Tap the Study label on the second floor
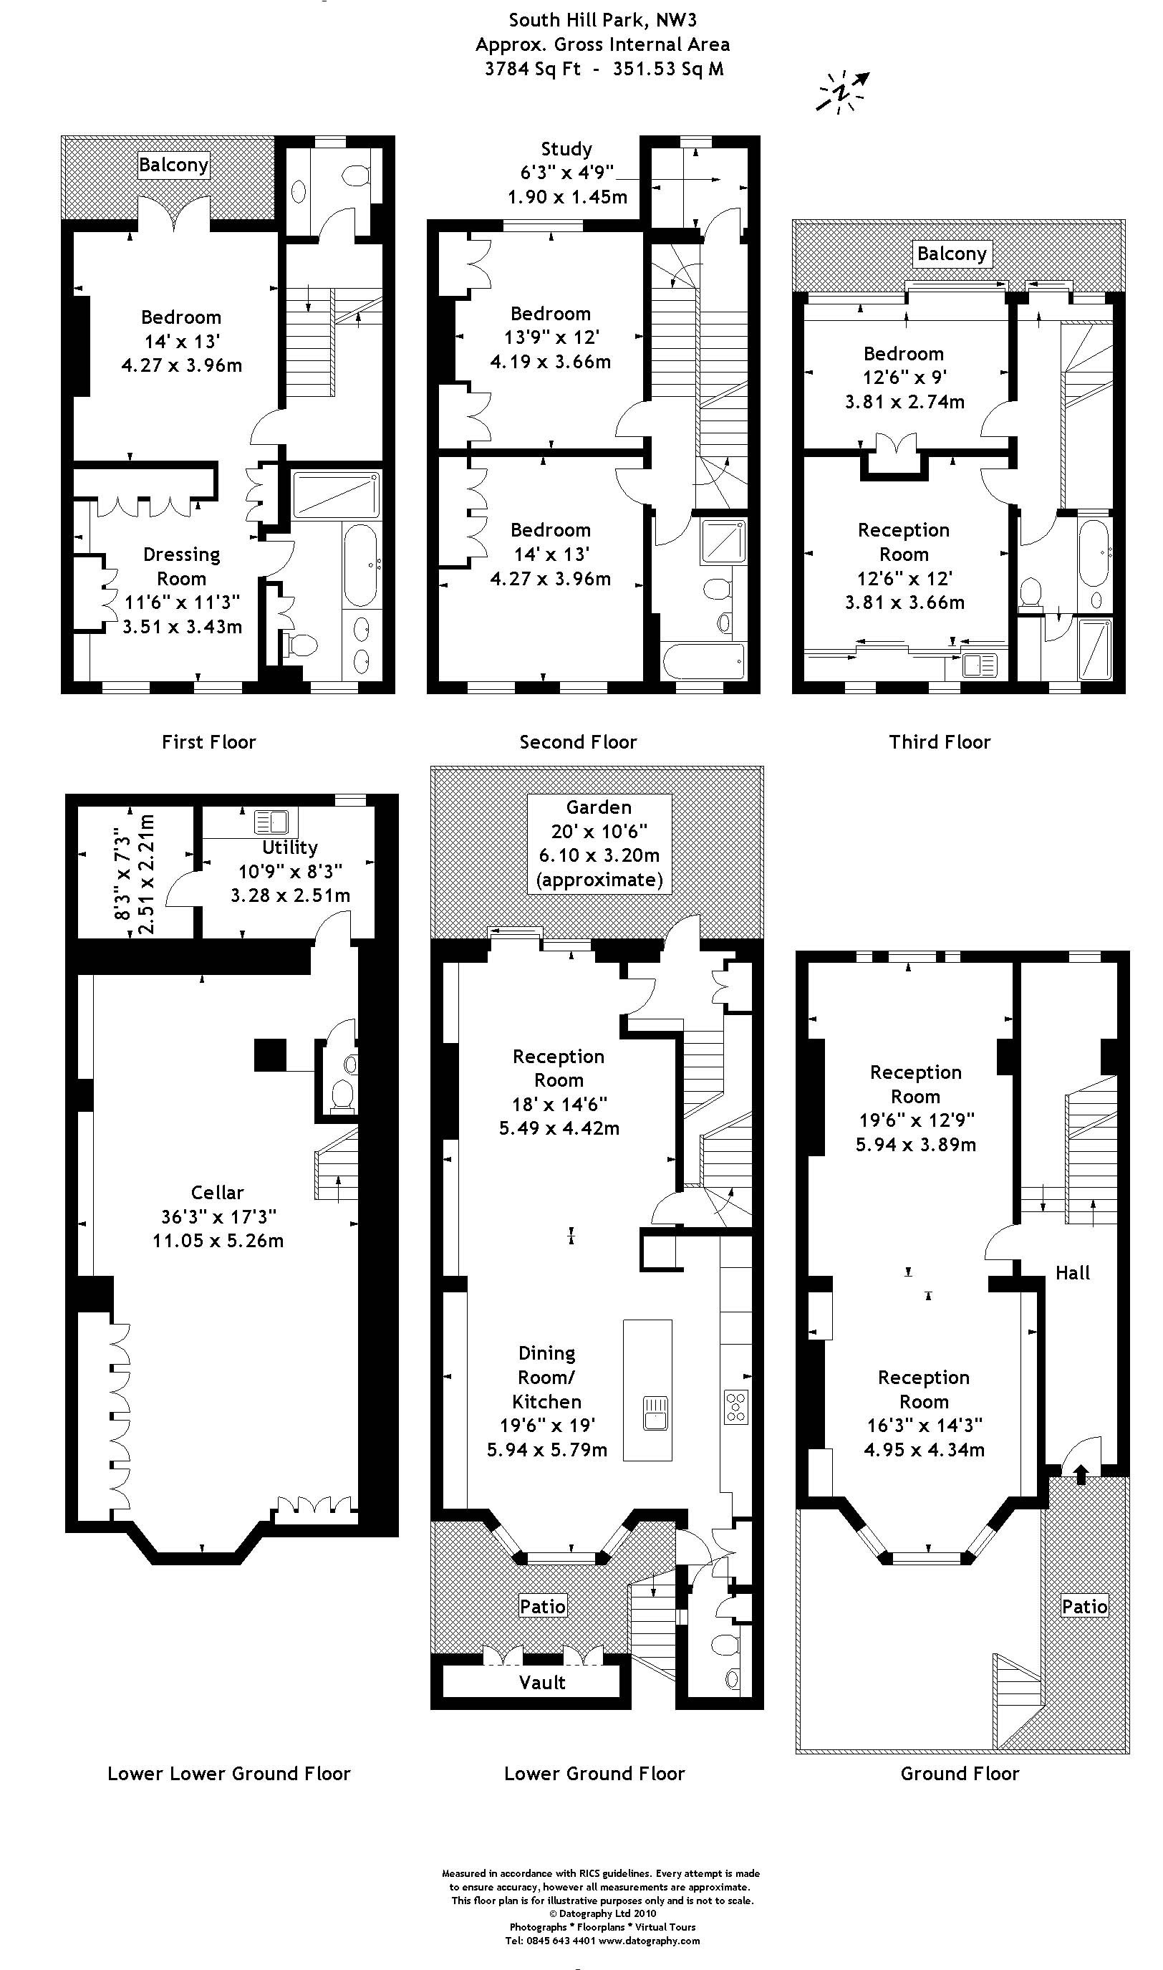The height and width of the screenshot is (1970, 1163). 566,149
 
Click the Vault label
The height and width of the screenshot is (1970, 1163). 542,1681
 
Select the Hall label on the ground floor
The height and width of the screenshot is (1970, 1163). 1072,1272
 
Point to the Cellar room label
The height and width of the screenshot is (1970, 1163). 217,1192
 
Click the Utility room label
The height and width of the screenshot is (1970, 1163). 289,847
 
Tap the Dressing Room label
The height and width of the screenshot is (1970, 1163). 181,566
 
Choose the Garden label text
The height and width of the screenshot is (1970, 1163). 599,807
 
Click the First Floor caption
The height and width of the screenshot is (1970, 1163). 208,741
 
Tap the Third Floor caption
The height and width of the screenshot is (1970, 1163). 940,741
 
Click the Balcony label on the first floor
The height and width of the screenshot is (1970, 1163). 173,165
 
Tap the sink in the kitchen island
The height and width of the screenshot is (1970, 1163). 655,1412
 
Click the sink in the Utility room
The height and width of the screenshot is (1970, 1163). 271,822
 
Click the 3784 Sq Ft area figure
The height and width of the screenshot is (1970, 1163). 533,68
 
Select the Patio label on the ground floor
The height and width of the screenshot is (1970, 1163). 1085,1606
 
